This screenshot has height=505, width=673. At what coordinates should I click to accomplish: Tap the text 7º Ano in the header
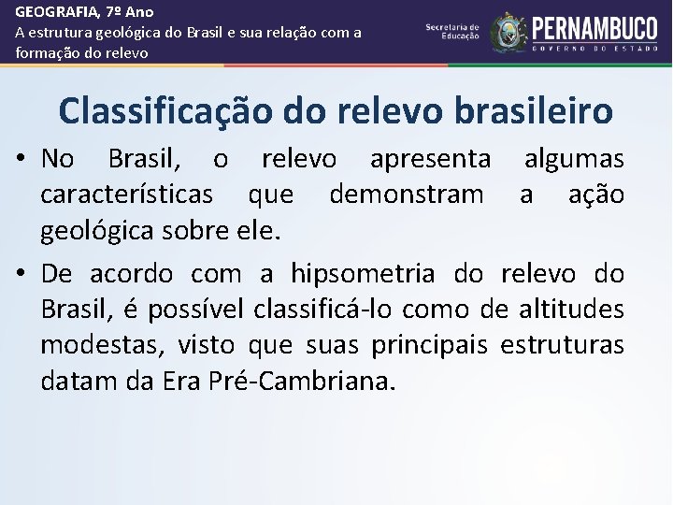[127, 12]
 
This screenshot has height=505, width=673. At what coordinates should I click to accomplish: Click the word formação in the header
[44, 53]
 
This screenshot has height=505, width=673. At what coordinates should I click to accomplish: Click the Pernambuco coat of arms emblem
[508, 31]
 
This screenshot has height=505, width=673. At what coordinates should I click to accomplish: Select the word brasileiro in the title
[536, 110]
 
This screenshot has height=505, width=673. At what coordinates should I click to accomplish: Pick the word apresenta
[430, 159]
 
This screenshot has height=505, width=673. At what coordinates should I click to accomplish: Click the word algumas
[574, 159]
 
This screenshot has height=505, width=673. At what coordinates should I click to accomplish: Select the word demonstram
[407, 195]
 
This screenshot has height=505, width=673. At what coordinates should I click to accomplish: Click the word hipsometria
[363, 274]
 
